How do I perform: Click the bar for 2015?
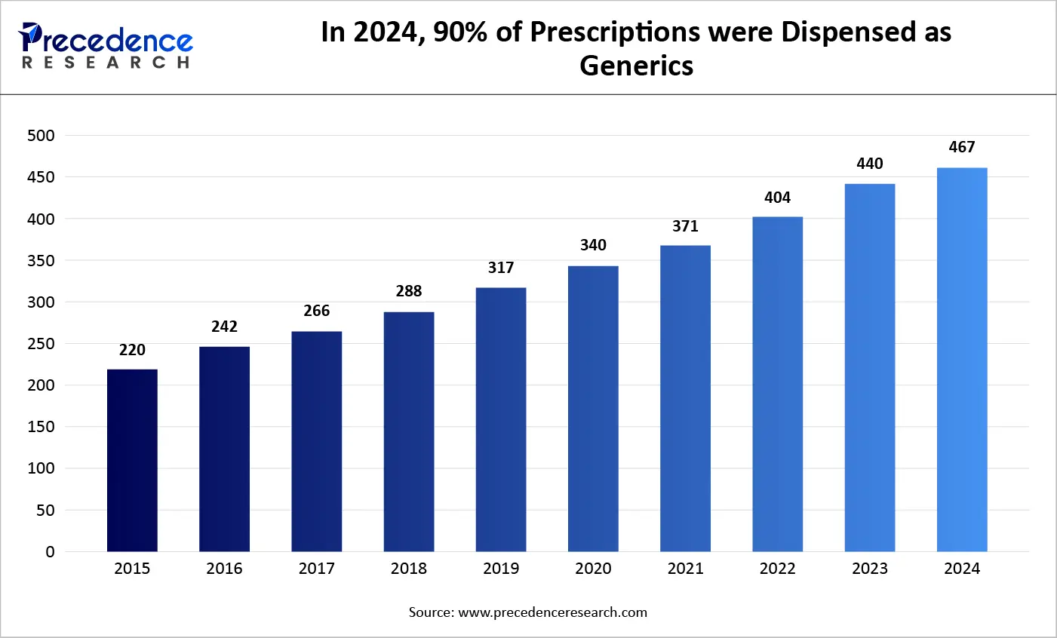pyautogui.click(x=132, y=460)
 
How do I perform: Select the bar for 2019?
pyautogui.click(x=501, y=419)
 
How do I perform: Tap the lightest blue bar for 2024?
pyautogui.click(x=962, y=360)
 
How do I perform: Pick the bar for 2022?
pyautogui.click(x=777, y=384)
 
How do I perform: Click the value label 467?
pyautogui.click(x=962, y=147)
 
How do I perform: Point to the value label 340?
pyautogui.click(x=593, y=245)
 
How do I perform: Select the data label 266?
pyautogui.click(x=317, y=311)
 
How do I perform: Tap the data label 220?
pyautogui.click(x=132, y=350)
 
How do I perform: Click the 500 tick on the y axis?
pyautogui.click(x=41, y=136)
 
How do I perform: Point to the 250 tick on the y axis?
pyautogui.click(x=41, y=344)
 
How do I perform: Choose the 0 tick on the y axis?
pyautogui.click(x=50, y=552)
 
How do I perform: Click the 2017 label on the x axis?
pyautogui.click(x=317, y=569)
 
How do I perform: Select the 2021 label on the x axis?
pyautogui.click(x=685, y=569)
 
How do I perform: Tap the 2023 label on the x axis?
pyautogui.click(x=870, y=569)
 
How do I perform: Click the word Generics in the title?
pyautogui.click(x=636, y=66)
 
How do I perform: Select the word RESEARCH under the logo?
pyautogui.click(x=106, y=63)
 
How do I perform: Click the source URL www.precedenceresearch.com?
pyautogui.click(x=552, y=612)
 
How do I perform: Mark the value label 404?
pyautogui.click(x=777, y=198)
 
